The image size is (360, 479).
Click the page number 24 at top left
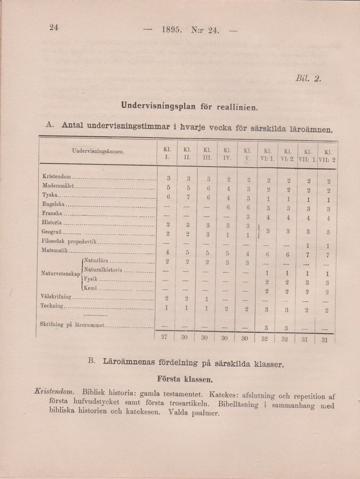pos(53,28)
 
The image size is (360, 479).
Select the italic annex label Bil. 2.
pos(308,78)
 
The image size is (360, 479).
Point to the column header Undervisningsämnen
pos(98,151)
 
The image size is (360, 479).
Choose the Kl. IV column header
pos(227,154)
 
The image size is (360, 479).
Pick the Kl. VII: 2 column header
pos(328,155)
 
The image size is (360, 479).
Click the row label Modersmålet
pos(58,186)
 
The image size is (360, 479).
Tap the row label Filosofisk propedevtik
pos(69,242)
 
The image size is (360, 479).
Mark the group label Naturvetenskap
pos(60,274)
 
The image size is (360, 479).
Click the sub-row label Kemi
pos(89,288)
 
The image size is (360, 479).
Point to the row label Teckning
pos(52,306)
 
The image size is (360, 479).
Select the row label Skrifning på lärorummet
pos(72,324)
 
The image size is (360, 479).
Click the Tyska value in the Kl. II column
pos(187,197)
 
